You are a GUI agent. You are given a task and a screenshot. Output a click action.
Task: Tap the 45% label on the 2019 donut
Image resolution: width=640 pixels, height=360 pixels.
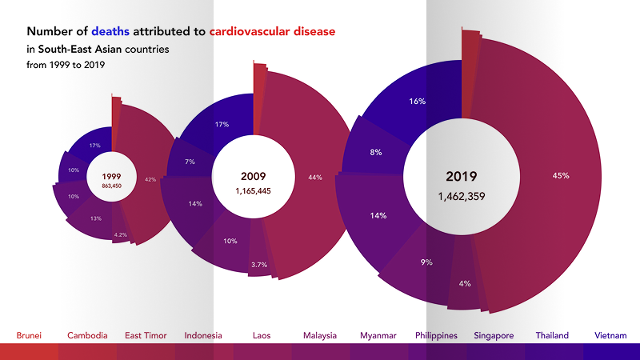(x=561, y=175)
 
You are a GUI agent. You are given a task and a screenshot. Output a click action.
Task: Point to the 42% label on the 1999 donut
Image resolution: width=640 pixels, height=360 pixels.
(x=150, y=180)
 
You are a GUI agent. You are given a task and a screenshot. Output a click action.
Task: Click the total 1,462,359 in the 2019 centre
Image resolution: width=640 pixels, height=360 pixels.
(x=462, y=195)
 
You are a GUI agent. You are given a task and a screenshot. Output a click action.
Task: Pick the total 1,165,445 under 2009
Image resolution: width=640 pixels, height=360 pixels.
(x=253, y=192)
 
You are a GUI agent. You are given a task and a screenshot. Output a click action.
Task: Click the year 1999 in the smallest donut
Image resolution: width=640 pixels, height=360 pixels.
(x=112, y=175)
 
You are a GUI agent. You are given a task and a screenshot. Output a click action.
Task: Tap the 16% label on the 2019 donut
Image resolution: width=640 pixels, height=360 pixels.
(x=417, y=102)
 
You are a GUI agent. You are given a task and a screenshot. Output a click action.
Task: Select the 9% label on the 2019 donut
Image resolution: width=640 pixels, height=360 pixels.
(x=426, y=261)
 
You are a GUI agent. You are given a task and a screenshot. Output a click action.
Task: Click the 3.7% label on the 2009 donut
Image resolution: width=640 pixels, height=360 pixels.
(x=258, y=264)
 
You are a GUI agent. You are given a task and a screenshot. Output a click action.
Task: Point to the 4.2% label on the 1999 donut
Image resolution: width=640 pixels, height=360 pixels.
(x=121, y=235)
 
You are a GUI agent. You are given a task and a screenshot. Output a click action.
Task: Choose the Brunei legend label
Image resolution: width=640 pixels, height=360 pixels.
(x=29, y=335)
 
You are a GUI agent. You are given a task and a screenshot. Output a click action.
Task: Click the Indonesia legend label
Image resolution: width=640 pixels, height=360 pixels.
(x=203, y=335)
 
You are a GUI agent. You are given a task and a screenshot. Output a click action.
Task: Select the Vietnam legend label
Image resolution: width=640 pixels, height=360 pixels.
(x=610, y=335)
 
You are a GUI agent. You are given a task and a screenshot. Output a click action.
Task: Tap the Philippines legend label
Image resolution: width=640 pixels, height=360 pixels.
(x=437, y=335)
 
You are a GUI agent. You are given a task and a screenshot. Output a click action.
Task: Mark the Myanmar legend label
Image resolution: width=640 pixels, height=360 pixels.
(x=378, y=335)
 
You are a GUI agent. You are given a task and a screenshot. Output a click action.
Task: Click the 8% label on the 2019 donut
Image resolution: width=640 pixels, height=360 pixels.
(x=376, y=152)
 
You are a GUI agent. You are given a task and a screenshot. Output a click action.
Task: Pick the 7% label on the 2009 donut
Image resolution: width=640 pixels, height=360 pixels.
(x=190, y=162)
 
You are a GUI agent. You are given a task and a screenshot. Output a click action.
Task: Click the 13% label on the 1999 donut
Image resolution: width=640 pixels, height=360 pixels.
(x=96, y=218)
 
